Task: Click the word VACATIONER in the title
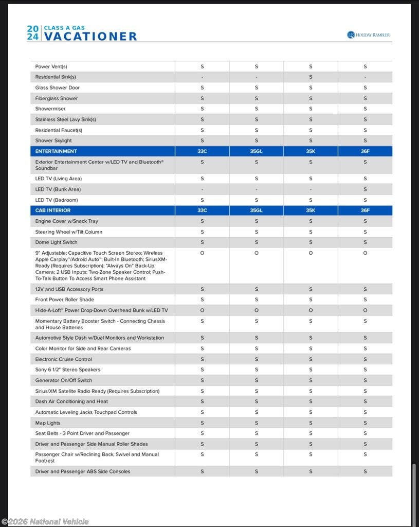tap(90, 37)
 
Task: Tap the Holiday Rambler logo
tap(368, 35)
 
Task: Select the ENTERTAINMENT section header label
tap(56, 151)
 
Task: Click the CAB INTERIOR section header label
tap(53, 210)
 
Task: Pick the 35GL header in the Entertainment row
tap(256, 151)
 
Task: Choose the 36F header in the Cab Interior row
tap(365, 210)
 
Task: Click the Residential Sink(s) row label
tap(56, 77)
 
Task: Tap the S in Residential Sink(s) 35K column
tap(311, 77)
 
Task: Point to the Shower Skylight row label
tap(53, 140)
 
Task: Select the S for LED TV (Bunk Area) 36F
tap(365, 189)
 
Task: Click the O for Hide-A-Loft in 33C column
tap(202, 310)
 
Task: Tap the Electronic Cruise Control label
tap(63, 359)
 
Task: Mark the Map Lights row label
tap(48, 423)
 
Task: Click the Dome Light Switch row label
tap(56, 242)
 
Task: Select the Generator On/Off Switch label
tap(64, 380)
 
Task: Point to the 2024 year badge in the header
tap(33, 33)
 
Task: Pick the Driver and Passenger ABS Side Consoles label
tap(83, 471)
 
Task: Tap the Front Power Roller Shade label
tap(65, 300)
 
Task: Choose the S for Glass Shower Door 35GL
tap(256, 87)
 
